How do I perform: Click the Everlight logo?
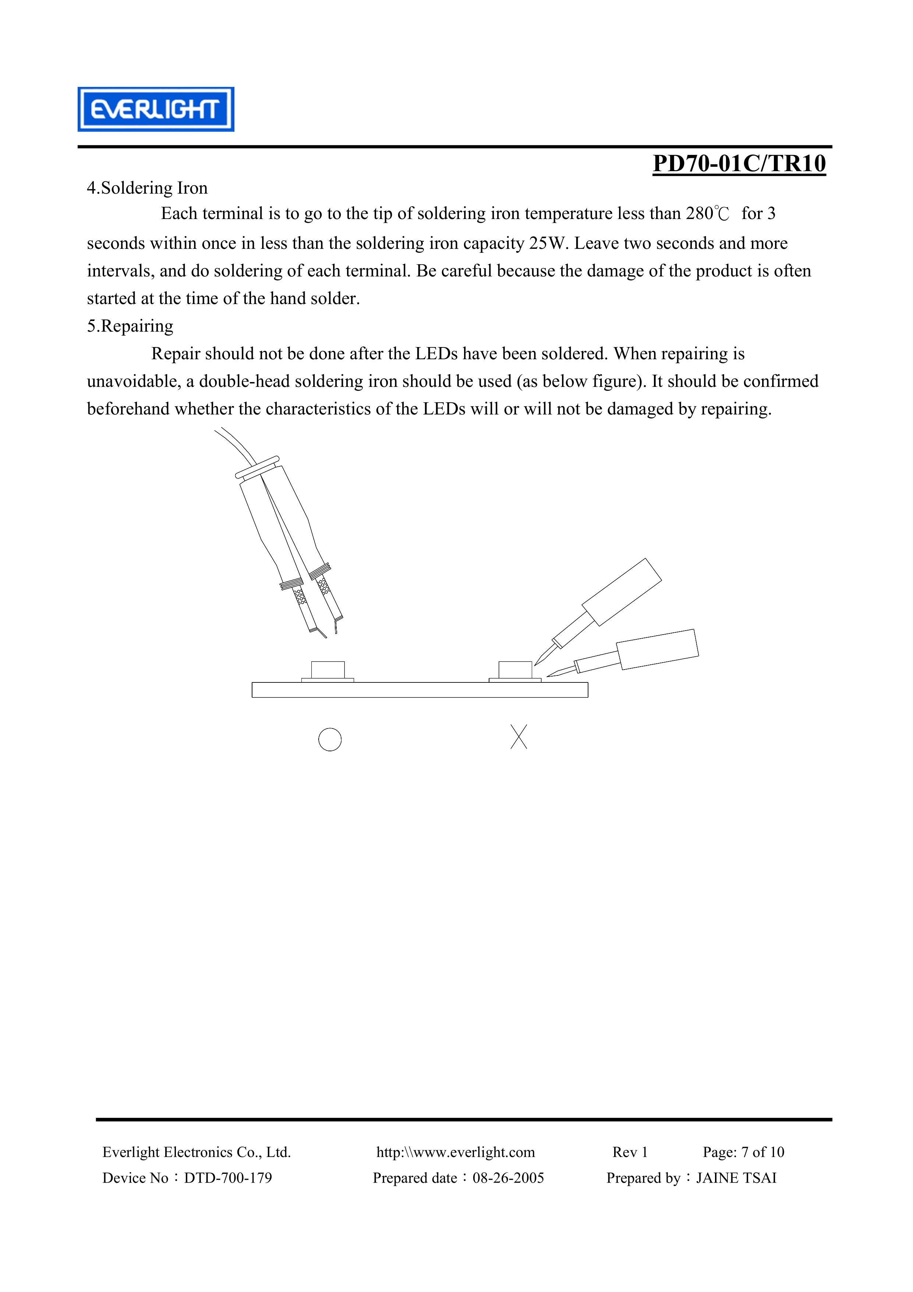click(x=155, y=109)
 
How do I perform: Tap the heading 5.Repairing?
click(x=130, y=326)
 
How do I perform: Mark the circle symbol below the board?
click(x=330, y=739)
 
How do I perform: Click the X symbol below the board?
click(x=519, y=737)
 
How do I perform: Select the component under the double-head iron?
click(x=328, y=670)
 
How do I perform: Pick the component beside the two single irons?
click(x=515, y=670)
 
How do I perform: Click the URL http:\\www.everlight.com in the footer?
click(x=455, y=1153)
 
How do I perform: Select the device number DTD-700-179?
click(x=227, y=1178)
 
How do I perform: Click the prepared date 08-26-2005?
click(x=508, y=1178)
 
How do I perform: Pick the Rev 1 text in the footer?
click(x=630, y=1153)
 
